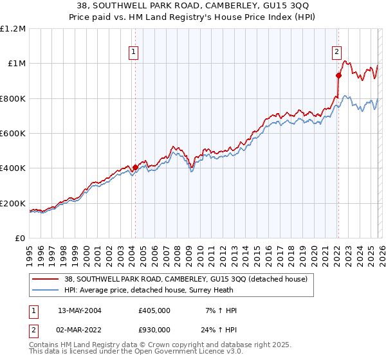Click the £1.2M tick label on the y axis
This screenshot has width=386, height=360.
(x=14, y=28)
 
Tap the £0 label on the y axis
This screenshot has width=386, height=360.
(x=21, y=238)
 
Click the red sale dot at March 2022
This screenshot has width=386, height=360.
(x=338, y=76)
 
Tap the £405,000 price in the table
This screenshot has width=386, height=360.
(x=154, y=310)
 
